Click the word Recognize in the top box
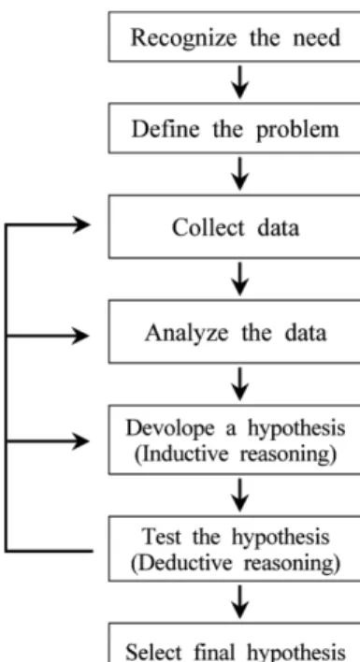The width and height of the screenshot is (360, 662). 183,38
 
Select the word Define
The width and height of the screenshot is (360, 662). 166,129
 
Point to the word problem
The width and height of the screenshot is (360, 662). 297,130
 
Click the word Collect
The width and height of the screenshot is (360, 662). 209,227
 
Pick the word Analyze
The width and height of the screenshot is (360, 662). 186,334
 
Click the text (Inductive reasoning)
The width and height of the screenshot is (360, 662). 235,453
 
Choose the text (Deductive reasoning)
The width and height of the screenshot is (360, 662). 235,563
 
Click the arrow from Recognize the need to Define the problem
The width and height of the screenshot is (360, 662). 239,81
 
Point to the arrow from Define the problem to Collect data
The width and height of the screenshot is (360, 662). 239,173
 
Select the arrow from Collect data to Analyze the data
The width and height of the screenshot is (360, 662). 239,279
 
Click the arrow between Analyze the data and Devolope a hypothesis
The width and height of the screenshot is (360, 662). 239,383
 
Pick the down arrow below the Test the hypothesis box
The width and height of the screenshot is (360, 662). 239,601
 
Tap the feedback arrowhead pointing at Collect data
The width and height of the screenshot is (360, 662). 82,224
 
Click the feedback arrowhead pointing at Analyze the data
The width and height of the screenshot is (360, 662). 80,336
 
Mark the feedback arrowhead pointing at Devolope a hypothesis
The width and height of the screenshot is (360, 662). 80,441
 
